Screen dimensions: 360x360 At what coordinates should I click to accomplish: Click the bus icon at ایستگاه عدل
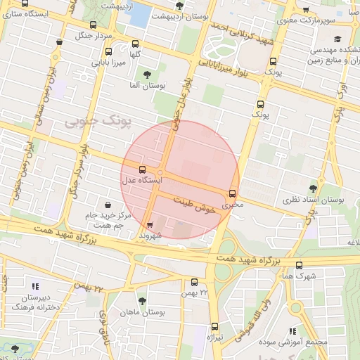[x=143, y=169]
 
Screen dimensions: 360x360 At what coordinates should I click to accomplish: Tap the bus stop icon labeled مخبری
[x=233, y=194]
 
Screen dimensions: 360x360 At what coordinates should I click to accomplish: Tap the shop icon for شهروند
[x=149, y=226]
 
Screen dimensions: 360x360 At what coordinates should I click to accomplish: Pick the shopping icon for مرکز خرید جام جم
[x=107, y=205]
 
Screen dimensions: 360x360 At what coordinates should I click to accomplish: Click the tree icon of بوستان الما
[x=146, y=75]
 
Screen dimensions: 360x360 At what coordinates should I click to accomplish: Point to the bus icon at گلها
[x=135, y=43]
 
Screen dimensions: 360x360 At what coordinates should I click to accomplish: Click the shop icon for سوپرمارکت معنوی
[x=305, y=10]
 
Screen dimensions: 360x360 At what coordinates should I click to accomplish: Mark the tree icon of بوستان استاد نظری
[x=313, y=189]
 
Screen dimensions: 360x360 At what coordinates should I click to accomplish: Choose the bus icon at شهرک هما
[x=300, y=265]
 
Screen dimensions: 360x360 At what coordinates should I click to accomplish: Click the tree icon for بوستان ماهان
[x=143, y=301]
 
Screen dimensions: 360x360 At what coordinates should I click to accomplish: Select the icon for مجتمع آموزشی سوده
[x=293, y=330]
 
